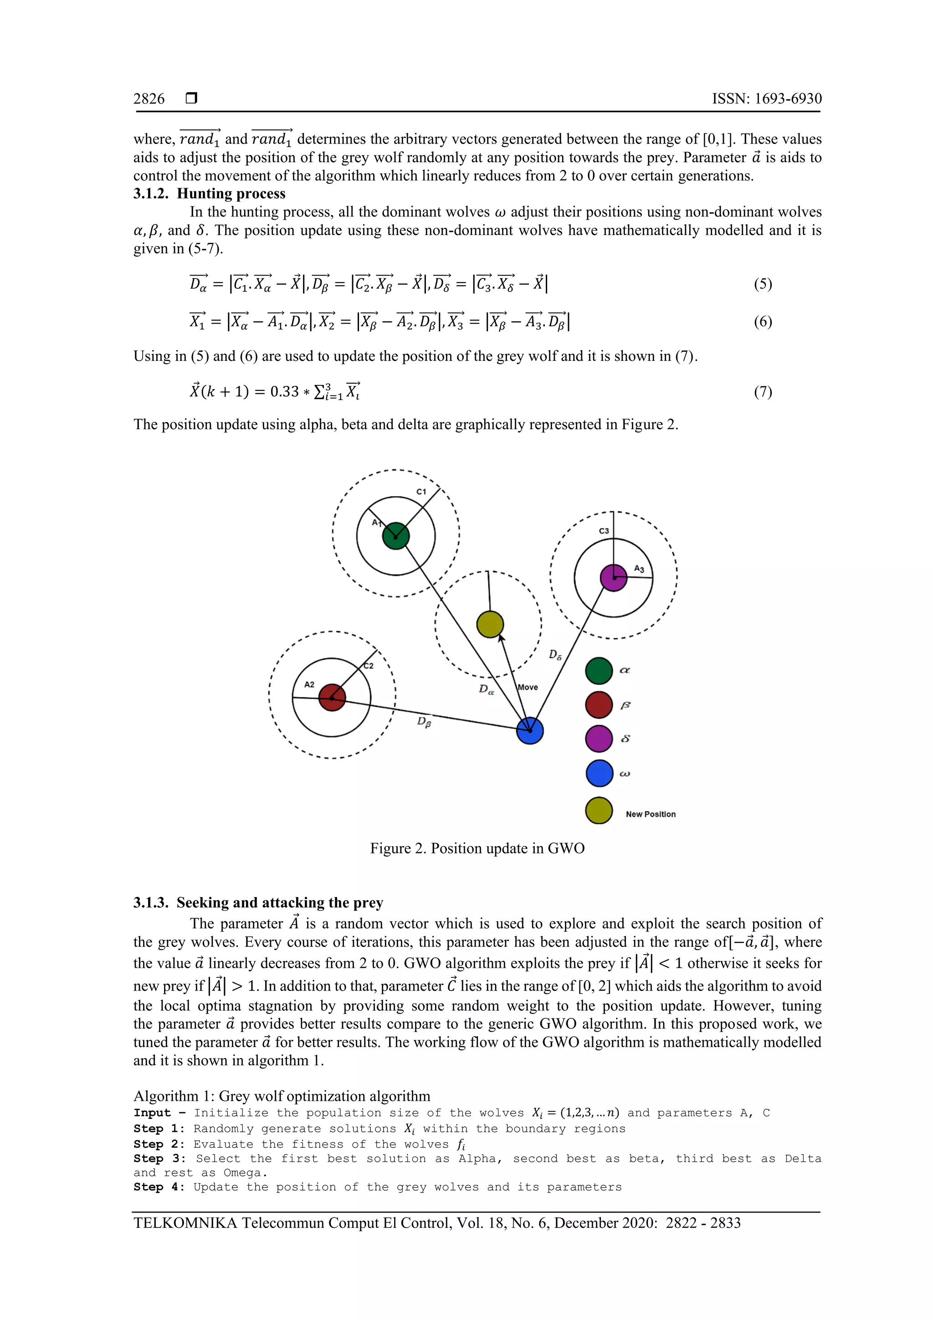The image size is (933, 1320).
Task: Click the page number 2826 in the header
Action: (x=149, y=99)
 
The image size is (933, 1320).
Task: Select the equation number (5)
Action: (x=762, y=284)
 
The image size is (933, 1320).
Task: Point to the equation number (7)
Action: (x=762, y=392)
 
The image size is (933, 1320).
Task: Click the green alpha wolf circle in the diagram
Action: (x=395, y=536)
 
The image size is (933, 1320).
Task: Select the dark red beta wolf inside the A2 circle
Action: (x=332, y=698)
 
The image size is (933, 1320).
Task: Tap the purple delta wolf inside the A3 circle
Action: (x=613, y=578)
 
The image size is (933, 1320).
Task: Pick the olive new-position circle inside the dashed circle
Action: (x=490, y=624)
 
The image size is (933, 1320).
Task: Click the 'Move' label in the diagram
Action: (x=528, y=687)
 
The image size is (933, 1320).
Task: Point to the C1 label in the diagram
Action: (x=421, y=492)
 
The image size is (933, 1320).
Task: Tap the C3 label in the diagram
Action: (x=604, y=531)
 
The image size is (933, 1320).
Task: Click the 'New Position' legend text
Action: (x=650, y=814)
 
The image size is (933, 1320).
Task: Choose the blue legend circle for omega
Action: (x=599, y=773)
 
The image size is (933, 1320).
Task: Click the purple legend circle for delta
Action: (x=599, y=739)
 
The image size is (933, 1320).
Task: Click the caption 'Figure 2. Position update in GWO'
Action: (x=477, y=848)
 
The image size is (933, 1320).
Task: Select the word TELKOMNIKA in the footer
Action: (x=185, y=1222)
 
